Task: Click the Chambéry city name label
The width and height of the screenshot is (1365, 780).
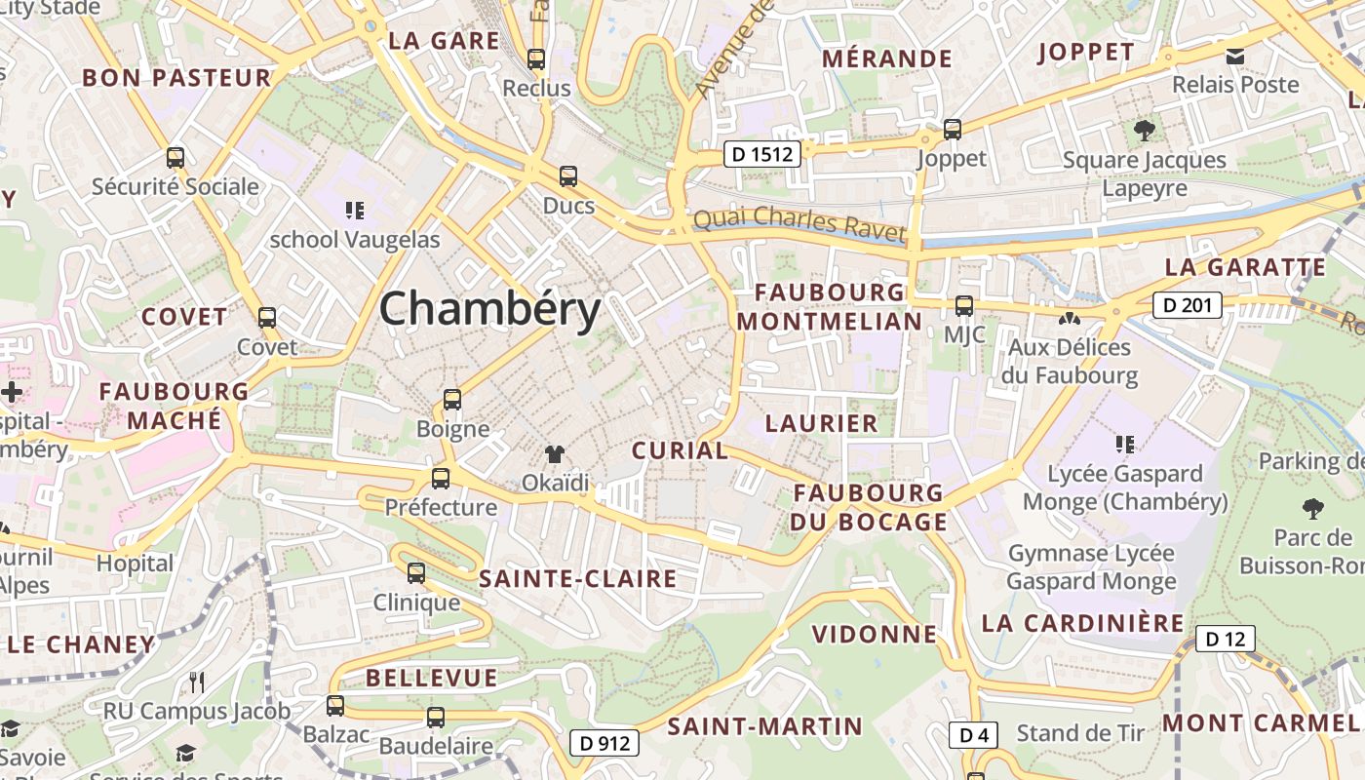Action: coord(489,310)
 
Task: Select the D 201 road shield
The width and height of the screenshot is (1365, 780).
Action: coord(1187,305)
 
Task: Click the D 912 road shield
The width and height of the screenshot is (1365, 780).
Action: coord(604,743)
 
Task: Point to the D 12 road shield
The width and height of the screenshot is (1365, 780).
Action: coord(1225,640)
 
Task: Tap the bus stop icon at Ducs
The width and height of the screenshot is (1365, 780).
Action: coord(567,176)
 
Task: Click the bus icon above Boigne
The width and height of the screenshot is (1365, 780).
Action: coord(451,399)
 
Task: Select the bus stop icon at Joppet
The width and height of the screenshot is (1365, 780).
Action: coord(953,129)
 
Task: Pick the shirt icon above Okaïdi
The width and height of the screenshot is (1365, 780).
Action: coord(555,453)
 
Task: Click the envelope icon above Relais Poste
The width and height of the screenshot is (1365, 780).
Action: coord(1235,56)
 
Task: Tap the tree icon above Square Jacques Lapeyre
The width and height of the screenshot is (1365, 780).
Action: coord(1144,130)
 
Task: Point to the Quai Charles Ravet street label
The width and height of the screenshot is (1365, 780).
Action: coord(799,225)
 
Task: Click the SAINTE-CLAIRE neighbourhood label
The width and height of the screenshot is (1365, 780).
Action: coord(577,579)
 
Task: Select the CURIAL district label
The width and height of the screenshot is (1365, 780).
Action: coord(680,450)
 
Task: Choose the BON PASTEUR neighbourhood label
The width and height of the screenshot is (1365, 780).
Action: coord(176,78)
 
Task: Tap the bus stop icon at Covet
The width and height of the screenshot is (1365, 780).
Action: coord(266,317)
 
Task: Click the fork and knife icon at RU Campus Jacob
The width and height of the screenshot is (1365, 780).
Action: coord(197,682)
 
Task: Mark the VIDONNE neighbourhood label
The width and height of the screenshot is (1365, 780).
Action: coord(874,635)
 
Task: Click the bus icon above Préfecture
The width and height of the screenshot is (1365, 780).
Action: coord(441,478)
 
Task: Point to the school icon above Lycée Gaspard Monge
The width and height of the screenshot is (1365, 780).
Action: coord(1124,445)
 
